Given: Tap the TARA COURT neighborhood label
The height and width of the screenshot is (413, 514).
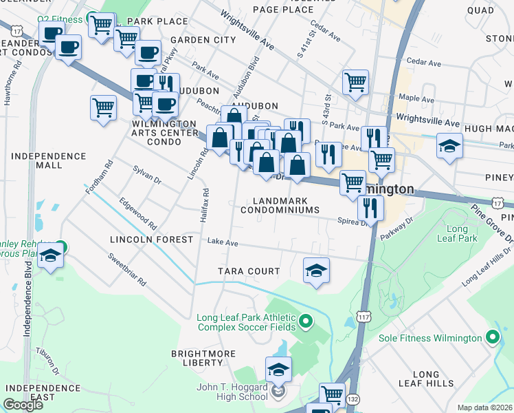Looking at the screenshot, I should click(x=249, y=271).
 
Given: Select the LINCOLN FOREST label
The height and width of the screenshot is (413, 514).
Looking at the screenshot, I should click(x=152, y=240).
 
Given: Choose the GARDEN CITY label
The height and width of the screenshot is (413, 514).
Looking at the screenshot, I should click(x=203, y=40).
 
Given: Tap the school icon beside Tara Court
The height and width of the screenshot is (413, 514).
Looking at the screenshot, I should click(x=315, y=270).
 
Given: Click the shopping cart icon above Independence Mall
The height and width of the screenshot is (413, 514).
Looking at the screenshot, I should click(x=102, y=107).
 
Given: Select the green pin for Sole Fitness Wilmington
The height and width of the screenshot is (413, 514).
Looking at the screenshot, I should click(x=491, y=338).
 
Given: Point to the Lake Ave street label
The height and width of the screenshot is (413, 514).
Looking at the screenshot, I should click(x=223, y=242).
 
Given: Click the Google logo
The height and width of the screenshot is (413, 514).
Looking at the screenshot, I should click(x=23, y=405).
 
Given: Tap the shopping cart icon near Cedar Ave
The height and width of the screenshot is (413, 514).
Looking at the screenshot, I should click(x=355, y=82).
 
